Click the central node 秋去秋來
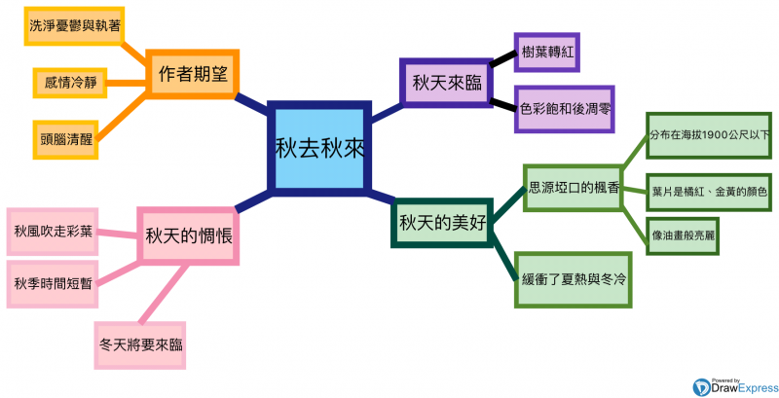coord(318,147)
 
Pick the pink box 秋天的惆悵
coord(187,235)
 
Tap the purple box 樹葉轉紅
coord(545,51)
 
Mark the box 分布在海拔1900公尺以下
coord(708,134)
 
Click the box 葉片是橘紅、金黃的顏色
coord(708,192)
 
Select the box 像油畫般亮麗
coord(686,236)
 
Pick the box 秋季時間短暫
coord(54,283)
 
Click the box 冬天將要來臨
coord(142,344)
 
